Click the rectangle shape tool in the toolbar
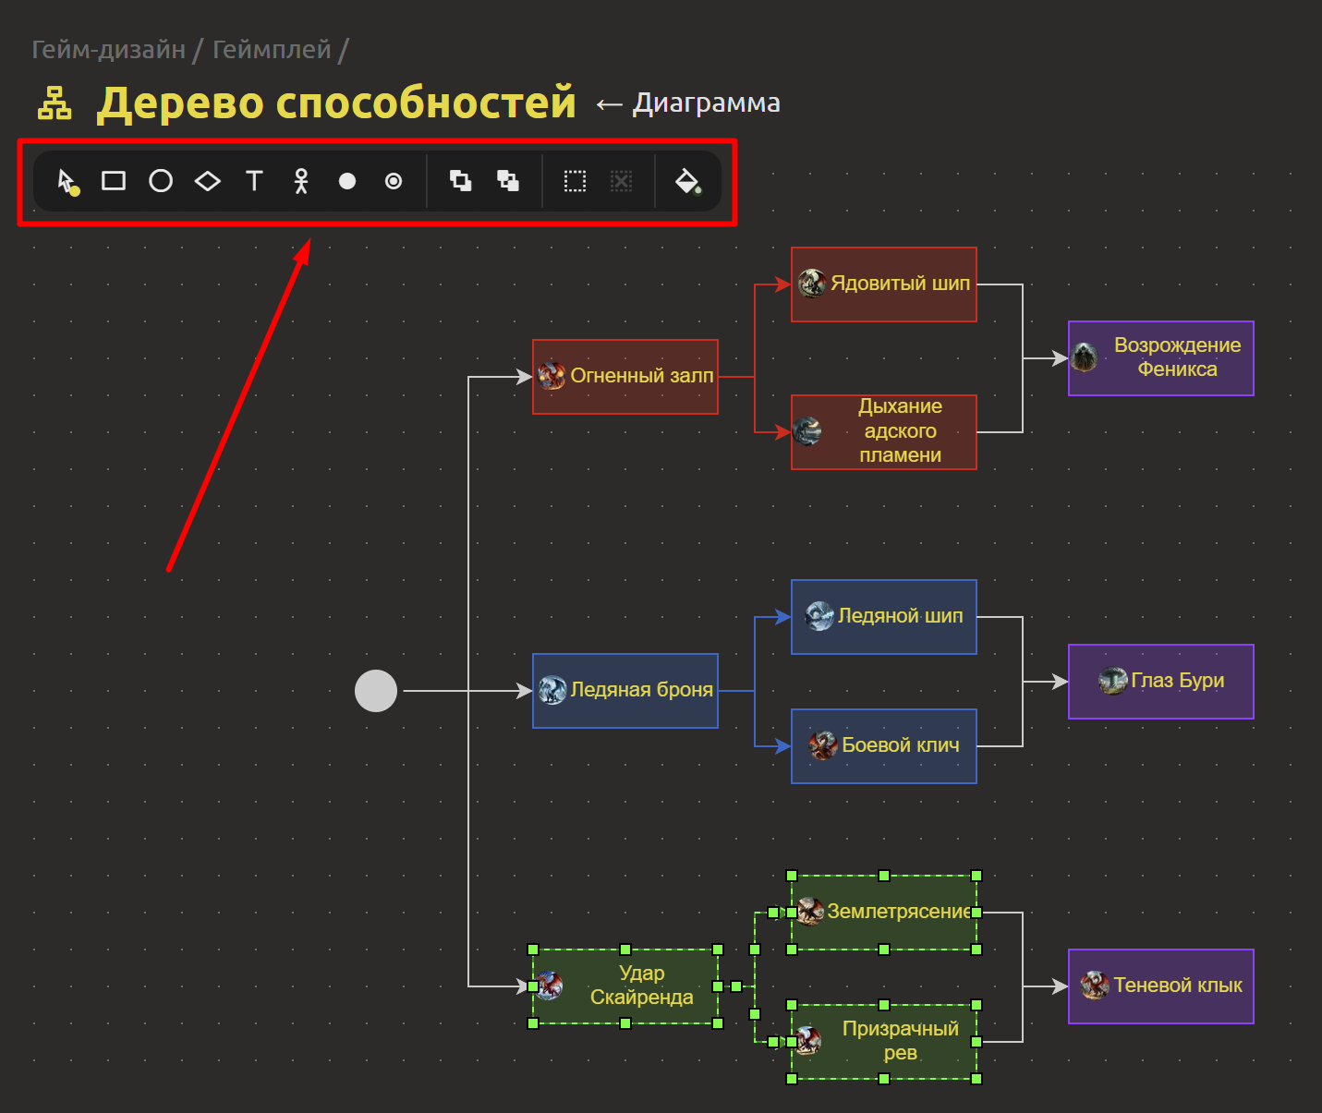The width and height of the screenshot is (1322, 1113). tap(114, 181)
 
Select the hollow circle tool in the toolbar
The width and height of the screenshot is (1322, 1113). tap(161, 181)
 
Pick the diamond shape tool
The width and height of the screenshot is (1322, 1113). tap(208, 181)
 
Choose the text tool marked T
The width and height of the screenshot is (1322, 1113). tap(254, 181)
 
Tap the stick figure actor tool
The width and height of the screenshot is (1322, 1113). tap(300, 181)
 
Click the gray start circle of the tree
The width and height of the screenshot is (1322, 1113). tap(376, 691)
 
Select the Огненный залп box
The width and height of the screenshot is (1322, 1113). tap(625, 377)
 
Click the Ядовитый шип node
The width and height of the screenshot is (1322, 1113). tap(884, 284)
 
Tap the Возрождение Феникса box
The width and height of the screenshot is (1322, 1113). tap(1161, 358)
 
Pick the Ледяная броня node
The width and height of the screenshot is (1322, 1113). tap(625, 691)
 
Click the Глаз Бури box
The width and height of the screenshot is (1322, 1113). tap(1161, 682)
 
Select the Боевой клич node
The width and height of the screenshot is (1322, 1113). tap(884, 746)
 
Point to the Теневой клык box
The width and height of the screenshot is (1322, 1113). tap(1161, 986)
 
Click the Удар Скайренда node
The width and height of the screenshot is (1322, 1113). tap(625, 986)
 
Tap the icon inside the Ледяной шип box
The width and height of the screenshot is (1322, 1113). tap(819, 616)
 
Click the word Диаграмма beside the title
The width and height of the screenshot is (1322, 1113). tap(706, 103)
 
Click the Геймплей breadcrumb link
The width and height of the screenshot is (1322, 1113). tap(272, 49)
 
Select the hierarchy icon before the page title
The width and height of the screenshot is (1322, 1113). tap(55, 103)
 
